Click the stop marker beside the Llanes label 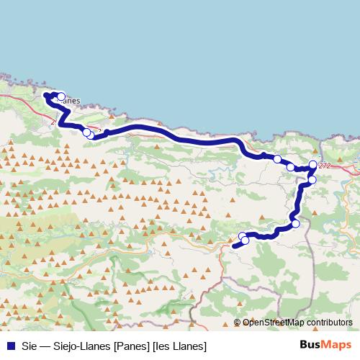tap(61, 96)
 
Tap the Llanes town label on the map tap(69, 102)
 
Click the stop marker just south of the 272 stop tap(312, 179)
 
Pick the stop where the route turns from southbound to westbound tap(295, 224)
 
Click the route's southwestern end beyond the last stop tap(235, 246)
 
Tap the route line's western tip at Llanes tap(46, 94)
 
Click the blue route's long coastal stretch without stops tap(173, 134)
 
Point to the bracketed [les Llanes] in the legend tap(179, 345)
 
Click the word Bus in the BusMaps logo tap(311, 344)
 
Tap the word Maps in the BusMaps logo tap(337, 344)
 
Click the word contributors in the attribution tap(328, 323)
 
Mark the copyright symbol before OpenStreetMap tap(238, 323)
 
